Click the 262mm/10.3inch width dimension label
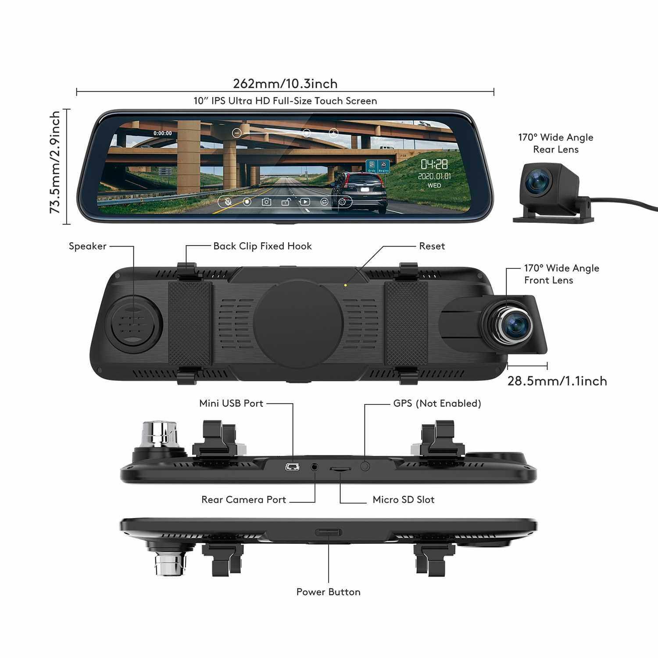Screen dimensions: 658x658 coord(285,83)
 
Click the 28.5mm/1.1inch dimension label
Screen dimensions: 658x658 coord(557,381)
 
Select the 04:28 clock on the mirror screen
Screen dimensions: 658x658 coord(434,164)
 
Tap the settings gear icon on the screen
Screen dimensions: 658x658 coord(342,202)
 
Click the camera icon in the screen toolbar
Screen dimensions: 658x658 coord(266,202)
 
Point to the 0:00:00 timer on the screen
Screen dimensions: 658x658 coord(163,133)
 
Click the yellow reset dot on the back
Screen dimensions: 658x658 coord(346,285)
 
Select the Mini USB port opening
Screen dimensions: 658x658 coord(292,467)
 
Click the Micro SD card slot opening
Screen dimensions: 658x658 coord(340,469)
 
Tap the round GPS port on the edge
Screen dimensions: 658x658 coord(365,466)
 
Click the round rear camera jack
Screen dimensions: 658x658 coord(315,467)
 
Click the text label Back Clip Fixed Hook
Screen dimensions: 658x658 coord(262,246)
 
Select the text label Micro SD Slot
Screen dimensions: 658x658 coord(403,500)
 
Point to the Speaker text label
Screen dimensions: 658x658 coord(87,246)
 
